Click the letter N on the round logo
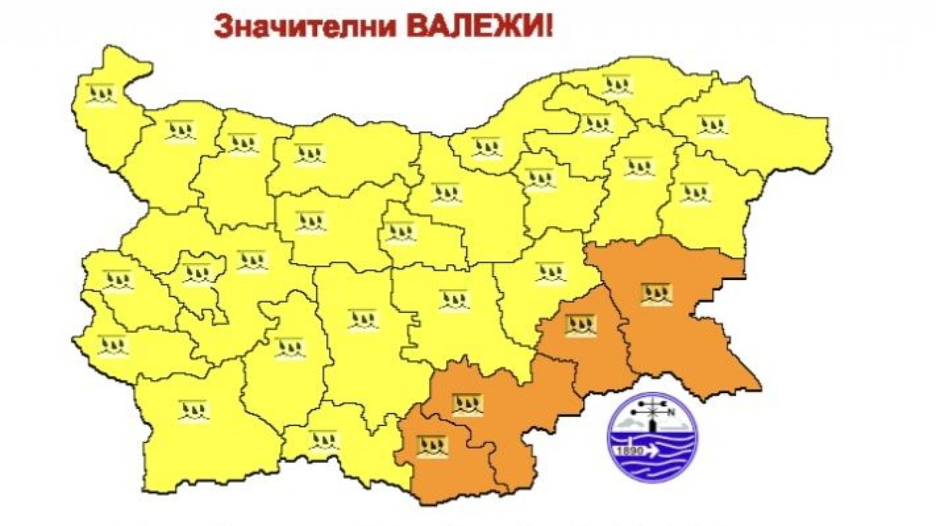(670, 412)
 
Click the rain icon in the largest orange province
(656, 294)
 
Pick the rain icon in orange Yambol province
(580, 325)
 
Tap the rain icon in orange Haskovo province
(469, 405)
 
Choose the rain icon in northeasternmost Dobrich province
(713, 126)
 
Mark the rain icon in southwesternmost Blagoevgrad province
(194, 410)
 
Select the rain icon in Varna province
(695, 192)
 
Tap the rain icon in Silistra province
(617, 85)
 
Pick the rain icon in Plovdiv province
(362, 318)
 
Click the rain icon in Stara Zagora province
(454, 299)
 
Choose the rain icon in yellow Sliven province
(550, 273)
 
